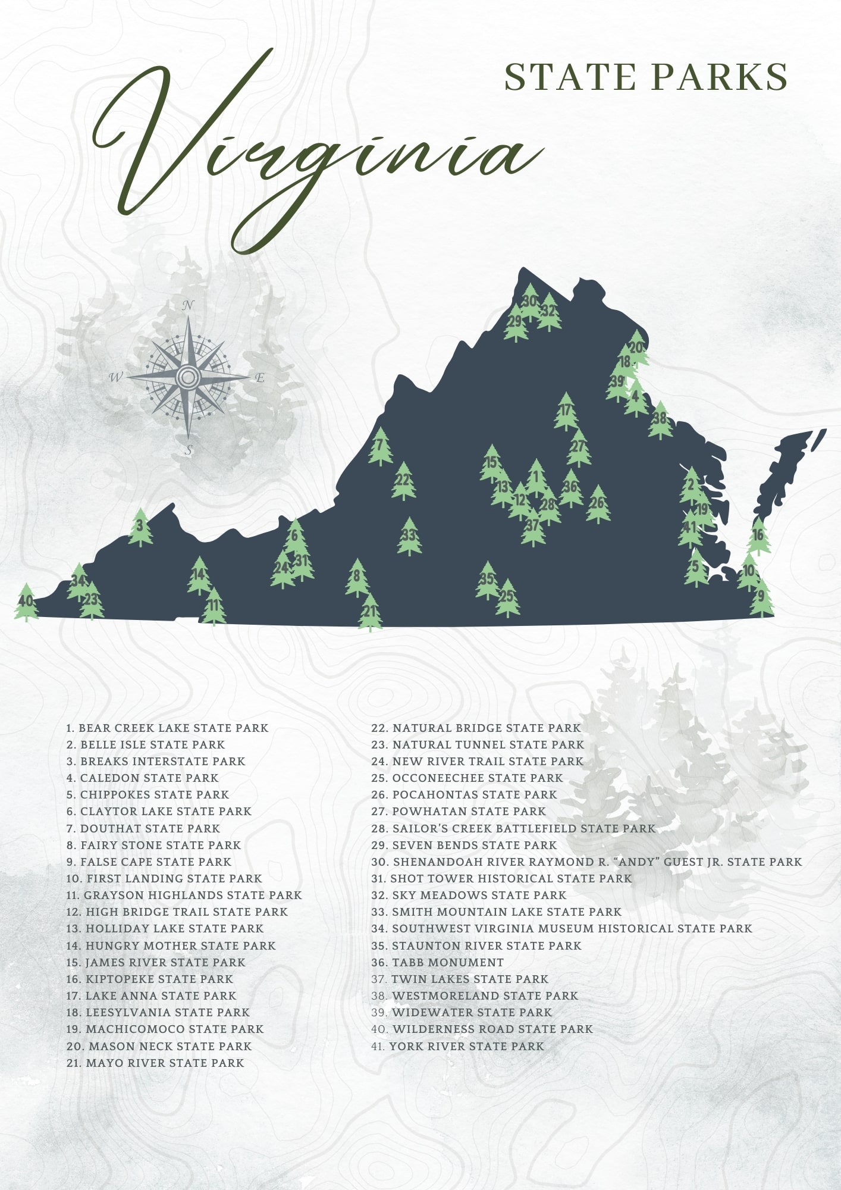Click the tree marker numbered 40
[x=26, y=602]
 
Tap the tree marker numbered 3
[x=140, y=527]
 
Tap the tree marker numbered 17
[x=566, y=411]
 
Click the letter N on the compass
[x=188, y=306]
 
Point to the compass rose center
[x=189, y=377]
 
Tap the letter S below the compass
[x=189, y=450]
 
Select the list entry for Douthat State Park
[x=143, y=828]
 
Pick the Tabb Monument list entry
[x=438, y=962]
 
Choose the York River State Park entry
[x=457, y=1046]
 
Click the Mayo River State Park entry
[x=155, y=1063]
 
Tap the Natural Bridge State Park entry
[x=476, y=728]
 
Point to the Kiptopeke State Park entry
[x=150, y=979]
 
